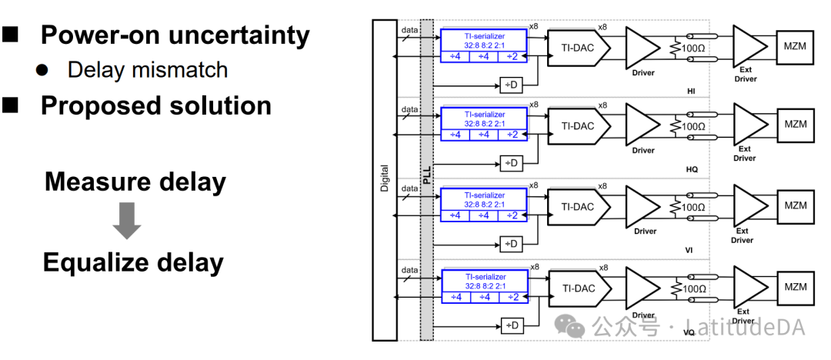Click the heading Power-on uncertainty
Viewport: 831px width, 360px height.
click(175, 35)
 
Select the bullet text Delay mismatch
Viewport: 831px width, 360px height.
click(148, 70)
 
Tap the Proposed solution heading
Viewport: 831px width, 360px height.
click(155, 105)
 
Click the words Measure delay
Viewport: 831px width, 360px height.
click(135, 182)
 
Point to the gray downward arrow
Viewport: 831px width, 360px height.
click(127, 221)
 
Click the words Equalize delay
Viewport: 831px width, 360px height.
click(133, 262)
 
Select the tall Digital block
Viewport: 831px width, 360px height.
click(384, 180)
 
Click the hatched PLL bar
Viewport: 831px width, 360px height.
click(427, 180)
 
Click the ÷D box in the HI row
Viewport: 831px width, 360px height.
click(511, 84)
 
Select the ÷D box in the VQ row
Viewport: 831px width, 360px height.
click(511, 325)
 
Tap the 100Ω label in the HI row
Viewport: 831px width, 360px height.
click(695, 48)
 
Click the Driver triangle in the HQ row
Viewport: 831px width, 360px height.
click(642, 125)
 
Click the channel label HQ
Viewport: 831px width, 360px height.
click(692, 169)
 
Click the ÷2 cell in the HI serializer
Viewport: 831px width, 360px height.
click(512, 56)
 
